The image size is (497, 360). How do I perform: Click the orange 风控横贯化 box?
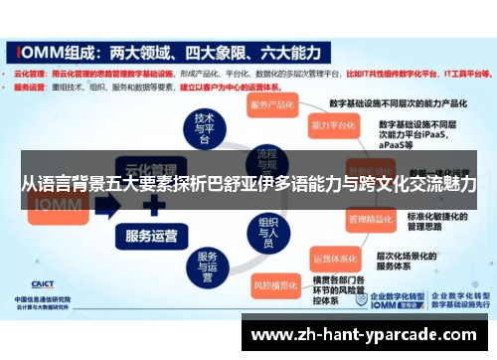(281, 284)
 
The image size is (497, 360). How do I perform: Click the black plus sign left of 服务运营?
(152, 207)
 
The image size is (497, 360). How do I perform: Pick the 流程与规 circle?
(267, 159)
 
